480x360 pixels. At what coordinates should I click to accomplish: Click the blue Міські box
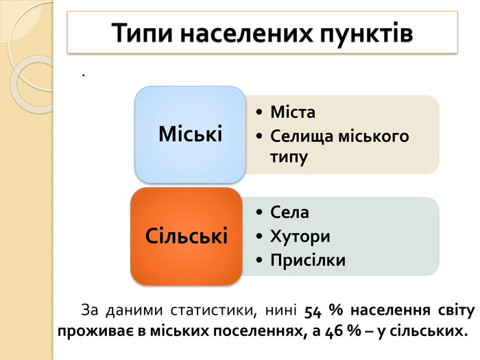190,134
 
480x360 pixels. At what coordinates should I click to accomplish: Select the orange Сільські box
187,237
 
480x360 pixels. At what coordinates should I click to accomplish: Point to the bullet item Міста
293,112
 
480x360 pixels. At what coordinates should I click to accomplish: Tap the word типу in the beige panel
289,157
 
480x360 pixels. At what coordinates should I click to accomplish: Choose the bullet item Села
289,213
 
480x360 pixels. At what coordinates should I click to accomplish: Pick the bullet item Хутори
300,237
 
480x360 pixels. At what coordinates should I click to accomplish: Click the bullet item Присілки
308,261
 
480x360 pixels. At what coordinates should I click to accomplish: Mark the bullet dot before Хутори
259,237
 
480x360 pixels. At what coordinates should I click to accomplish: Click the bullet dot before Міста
259,112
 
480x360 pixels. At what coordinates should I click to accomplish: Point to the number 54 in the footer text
313,311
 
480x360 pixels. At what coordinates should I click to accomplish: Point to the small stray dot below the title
83,75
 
